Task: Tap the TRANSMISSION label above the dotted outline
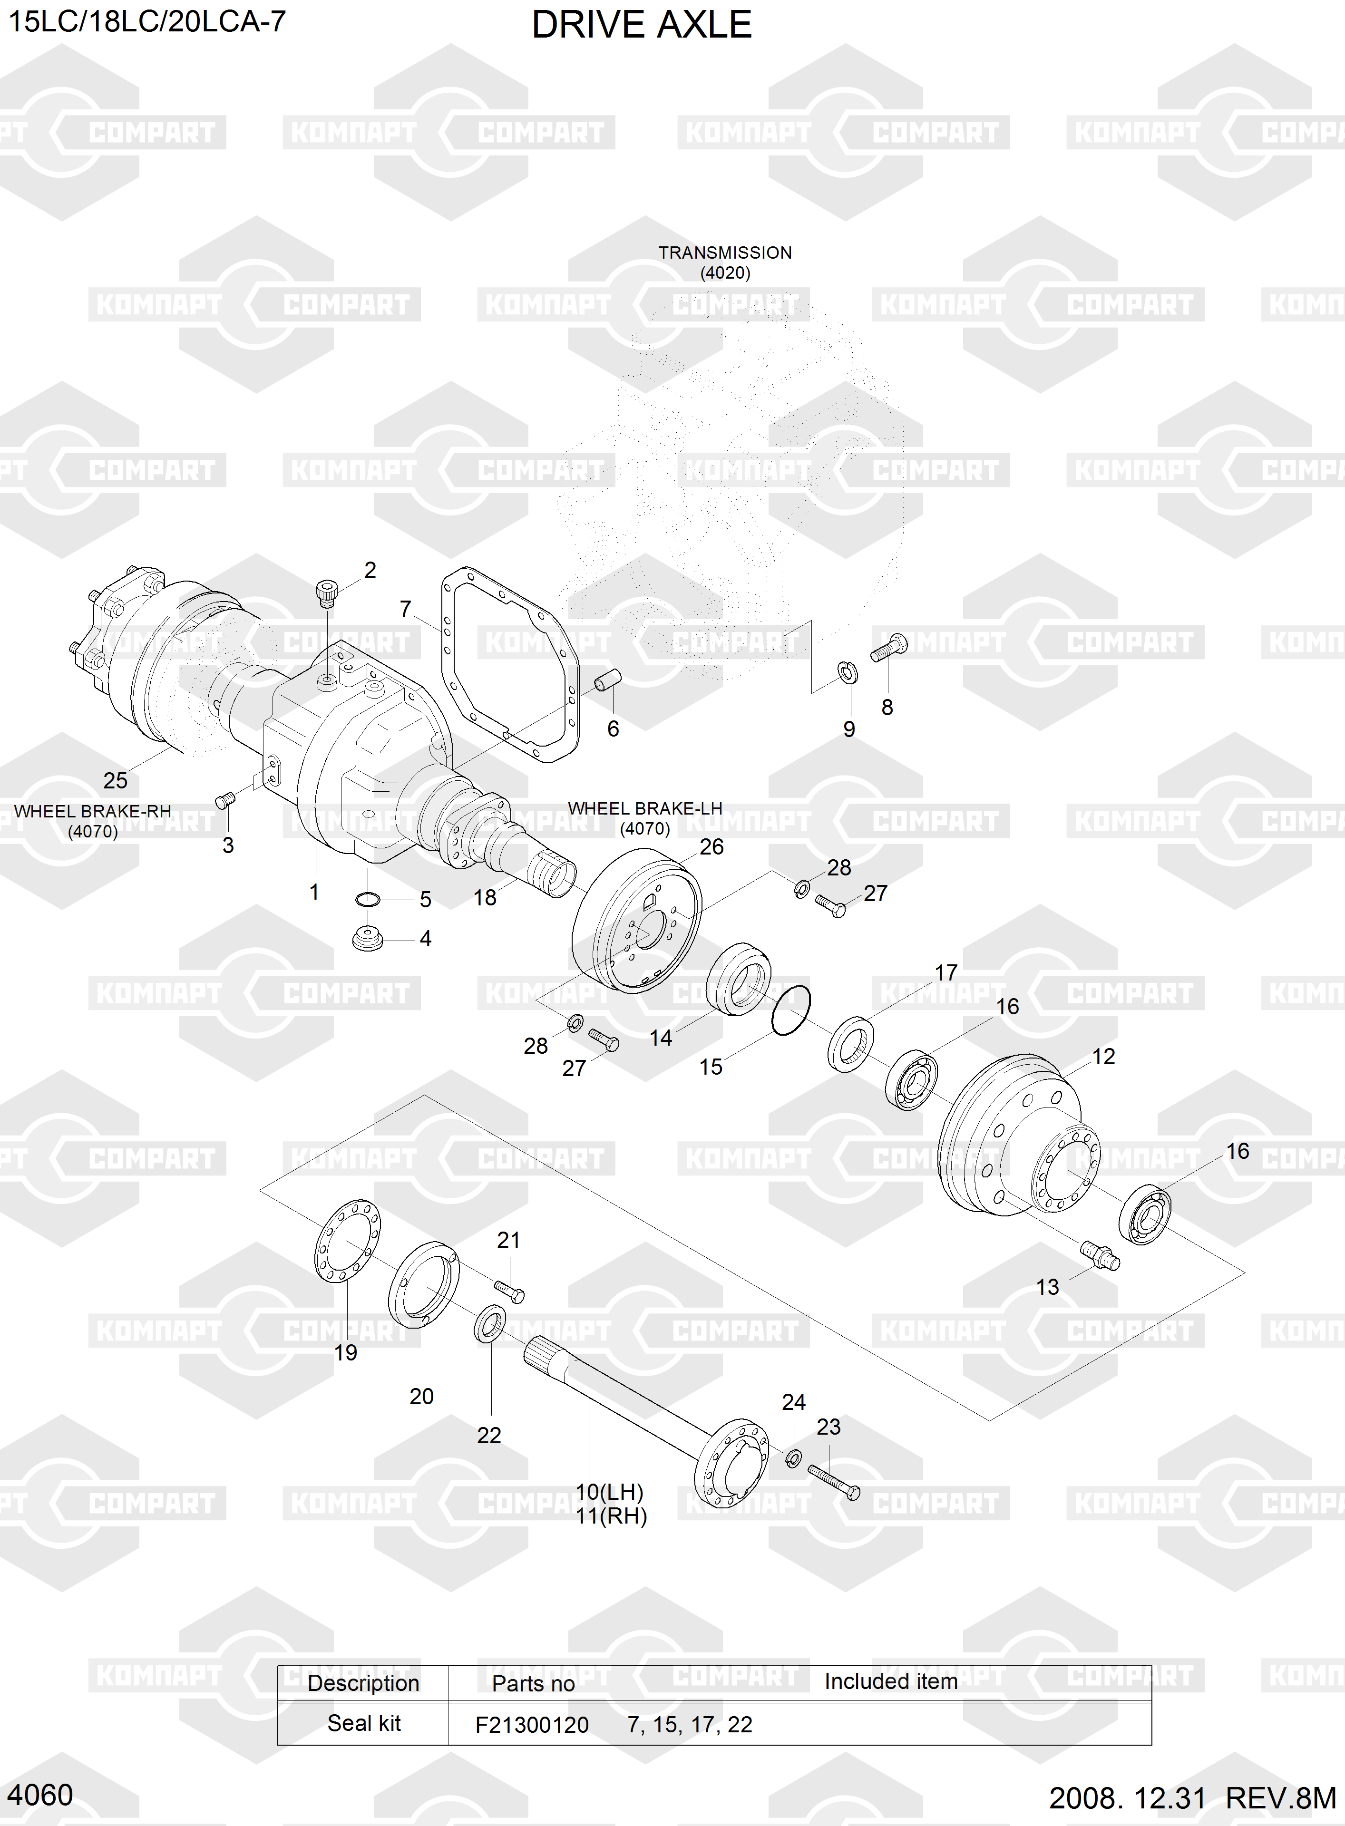[725, 253]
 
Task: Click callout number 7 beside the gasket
[406, 609]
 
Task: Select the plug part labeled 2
[326, 592]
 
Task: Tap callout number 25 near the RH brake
[115, 780]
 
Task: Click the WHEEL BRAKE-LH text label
[645, 808]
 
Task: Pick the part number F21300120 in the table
[532, 1724]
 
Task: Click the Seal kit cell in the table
[364, 1723]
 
